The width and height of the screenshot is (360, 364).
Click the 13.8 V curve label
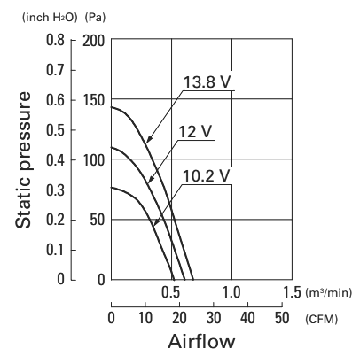point(207,81)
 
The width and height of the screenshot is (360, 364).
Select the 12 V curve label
point(195,131)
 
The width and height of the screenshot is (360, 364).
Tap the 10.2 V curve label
point(206,176)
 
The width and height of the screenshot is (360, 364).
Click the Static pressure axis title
point(23,159)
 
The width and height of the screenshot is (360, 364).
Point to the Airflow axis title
point(201,342)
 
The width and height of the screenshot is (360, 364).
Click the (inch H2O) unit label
point(50,18)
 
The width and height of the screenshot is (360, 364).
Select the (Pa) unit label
point(95,18)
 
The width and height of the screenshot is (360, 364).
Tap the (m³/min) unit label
point(329,293)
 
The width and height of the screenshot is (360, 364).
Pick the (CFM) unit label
point(322,319)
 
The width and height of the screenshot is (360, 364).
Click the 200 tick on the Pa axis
point(93,41)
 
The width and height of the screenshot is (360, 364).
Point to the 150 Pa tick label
point(93,100)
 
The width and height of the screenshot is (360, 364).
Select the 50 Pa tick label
point(98,220)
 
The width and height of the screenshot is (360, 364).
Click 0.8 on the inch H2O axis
point(55,40)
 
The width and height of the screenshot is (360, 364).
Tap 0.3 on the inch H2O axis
point(55,190)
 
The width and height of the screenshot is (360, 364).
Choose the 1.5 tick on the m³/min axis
point(292,292)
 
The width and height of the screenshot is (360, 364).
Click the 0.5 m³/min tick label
point(171,292)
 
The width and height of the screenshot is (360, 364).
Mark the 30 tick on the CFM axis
point(213,318)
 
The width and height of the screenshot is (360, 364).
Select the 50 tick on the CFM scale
point(282,318)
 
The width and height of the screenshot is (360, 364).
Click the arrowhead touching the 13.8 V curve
point(149,138)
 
